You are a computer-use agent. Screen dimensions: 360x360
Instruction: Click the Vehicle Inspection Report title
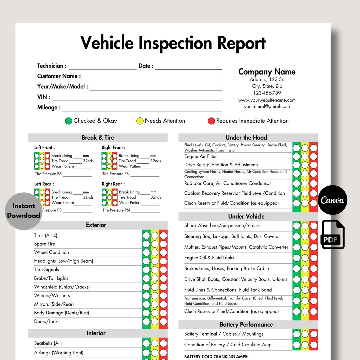tap(173, 43)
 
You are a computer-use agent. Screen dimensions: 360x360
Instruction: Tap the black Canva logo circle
tap(332, 200)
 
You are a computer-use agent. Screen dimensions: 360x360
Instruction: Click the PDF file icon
tap(333, 235)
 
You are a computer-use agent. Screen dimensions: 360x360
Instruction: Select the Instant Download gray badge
tap(23, 211)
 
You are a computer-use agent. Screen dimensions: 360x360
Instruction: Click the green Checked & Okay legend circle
tap(69, 121)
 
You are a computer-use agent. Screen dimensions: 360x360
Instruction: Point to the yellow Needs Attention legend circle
tap(140, 121)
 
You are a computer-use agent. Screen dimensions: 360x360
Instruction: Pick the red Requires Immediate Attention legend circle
tap(211, 121)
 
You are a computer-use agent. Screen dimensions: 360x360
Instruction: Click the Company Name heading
tap(267, 72)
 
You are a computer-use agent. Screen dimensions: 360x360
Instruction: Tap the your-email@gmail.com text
tap(267, 107)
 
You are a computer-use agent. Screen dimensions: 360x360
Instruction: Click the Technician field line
tap(102, 67)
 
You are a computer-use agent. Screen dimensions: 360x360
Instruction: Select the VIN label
tap(44, 97)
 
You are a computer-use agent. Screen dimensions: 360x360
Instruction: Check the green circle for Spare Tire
tap(146, 244)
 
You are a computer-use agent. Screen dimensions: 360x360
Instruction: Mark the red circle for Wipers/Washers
tap(163, 296)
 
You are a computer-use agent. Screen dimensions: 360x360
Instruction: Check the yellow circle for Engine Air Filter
tap(305, 157)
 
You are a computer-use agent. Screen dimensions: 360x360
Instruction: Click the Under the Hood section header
tap(246, 137)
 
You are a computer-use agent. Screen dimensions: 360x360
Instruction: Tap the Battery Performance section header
tap(246, 325)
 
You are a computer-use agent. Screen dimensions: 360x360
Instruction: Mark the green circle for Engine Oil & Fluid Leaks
tap(297, 258)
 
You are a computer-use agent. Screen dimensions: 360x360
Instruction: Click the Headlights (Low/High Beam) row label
tap(63, 261)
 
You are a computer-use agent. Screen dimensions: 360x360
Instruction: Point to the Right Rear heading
tap(113, 184)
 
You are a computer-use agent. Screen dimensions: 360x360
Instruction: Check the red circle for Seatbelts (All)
tap(163, 343)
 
